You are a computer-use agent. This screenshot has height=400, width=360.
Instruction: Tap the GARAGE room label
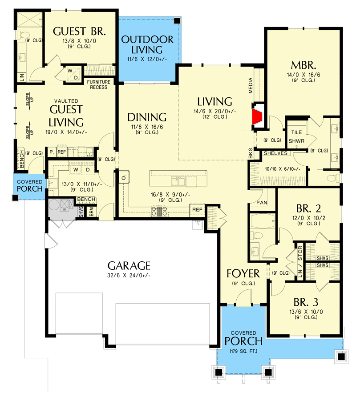[129, 266]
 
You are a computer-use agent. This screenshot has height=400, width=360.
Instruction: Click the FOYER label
[241, 272]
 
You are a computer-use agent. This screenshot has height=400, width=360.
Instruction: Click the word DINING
[146, 117]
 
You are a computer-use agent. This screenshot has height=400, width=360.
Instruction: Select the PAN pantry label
[261, 203]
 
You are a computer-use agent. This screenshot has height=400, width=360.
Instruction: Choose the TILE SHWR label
[296, 137]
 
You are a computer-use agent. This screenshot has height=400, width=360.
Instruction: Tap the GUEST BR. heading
[79, 31]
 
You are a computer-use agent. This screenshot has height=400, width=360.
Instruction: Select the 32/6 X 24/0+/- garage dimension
[129, 276]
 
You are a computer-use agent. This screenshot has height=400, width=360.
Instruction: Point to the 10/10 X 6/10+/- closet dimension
[282, 168]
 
